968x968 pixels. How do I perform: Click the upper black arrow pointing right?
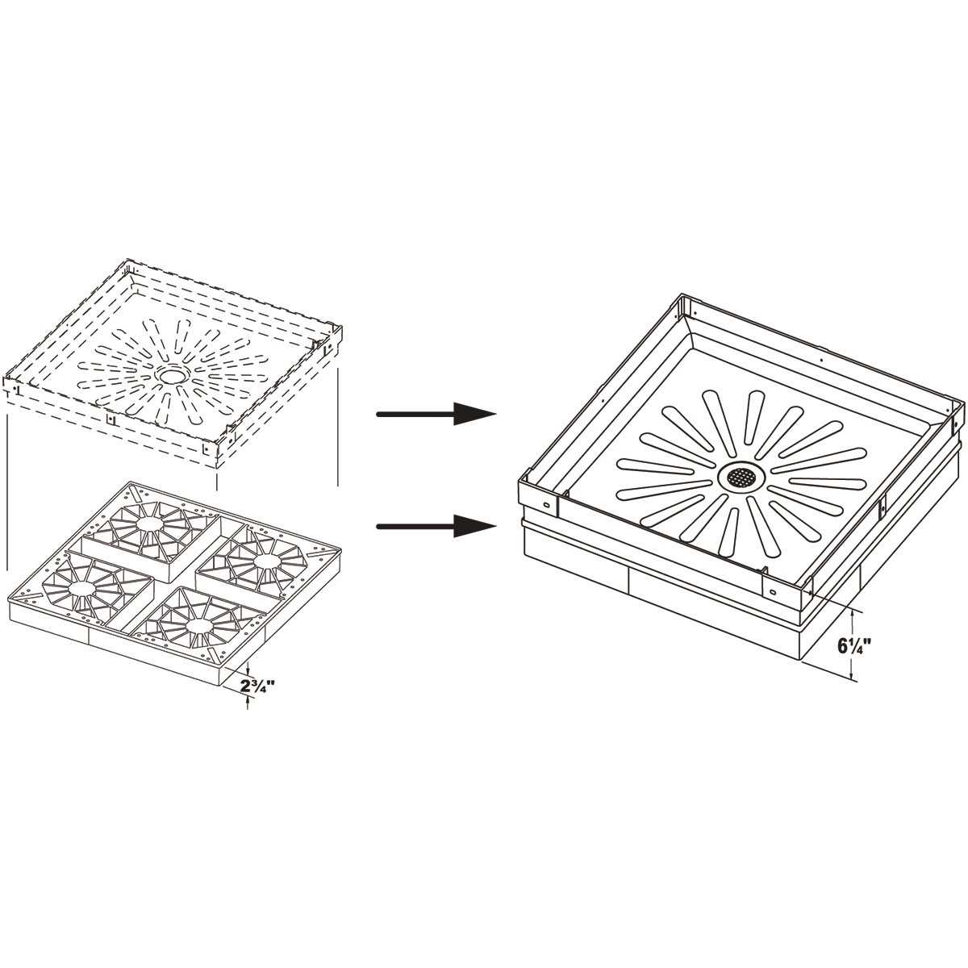coord(436,414)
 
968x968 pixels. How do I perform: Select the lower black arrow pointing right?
coord(436,526)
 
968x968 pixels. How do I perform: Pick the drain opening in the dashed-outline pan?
coord(172,374)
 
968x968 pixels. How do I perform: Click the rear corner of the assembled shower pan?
coord(680,295)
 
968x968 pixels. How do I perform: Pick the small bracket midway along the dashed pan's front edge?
coord(108,419)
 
